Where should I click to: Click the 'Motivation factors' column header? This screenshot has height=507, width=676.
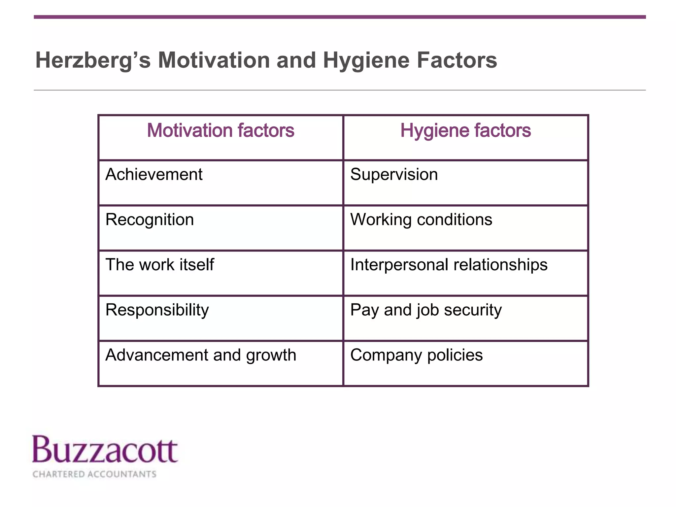coord(220,130)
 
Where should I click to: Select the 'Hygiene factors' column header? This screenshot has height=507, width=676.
coord(465,130)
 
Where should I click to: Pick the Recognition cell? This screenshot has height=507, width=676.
coord(150,220)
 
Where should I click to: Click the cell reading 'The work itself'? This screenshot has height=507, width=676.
coord(160,265)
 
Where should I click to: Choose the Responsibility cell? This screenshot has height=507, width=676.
coord(157,310)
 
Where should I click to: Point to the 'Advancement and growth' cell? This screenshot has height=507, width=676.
coord(201,355)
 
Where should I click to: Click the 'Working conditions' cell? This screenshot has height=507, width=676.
coord(421,220)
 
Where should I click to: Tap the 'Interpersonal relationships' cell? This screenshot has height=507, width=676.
coord(449,265)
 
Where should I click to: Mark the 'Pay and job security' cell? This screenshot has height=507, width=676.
coord(426,310)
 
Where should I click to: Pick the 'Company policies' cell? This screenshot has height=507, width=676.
coord(416,355)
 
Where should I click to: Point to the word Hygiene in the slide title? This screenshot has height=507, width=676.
coord(366,61)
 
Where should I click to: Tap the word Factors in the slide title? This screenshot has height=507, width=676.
coord(457,60)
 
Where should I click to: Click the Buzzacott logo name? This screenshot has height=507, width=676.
coord(105,450)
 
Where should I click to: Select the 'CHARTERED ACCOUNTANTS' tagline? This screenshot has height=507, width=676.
coord(94,474)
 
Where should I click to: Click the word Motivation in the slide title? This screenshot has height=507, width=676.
coord(214,60)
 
